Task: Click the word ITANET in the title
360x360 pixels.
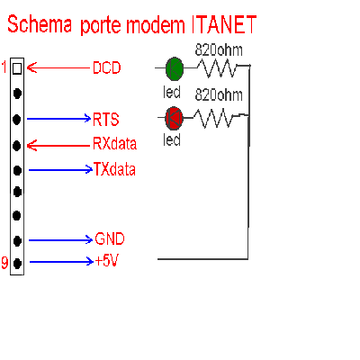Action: click(224, 24)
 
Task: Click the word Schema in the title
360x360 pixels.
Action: click(40, 24)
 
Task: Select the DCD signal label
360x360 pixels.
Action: click(106, 67)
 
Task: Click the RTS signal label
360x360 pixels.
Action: click(106, 120)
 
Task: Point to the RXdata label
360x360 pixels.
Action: click(114, 143)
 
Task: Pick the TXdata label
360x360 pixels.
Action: click(114, 169)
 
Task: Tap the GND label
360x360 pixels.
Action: click(110, 239)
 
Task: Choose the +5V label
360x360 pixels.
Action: click(107, 261)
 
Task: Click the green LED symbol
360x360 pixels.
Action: click(175, 68)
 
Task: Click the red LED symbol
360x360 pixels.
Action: click(174, 118)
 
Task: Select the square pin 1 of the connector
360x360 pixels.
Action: click(17, 68)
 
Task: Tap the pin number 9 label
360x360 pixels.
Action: click(4, 262)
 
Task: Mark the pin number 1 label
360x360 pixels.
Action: click(4, 67)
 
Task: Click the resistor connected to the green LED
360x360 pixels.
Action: click(217, 68)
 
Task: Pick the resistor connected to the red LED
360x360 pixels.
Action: click(213, 118)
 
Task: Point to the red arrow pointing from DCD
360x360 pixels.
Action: click(58, 67)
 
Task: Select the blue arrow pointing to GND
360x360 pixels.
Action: click(60, 240)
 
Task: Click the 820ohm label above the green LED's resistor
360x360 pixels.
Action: click(219, 50)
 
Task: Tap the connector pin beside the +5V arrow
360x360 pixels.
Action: click(18, 264)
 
